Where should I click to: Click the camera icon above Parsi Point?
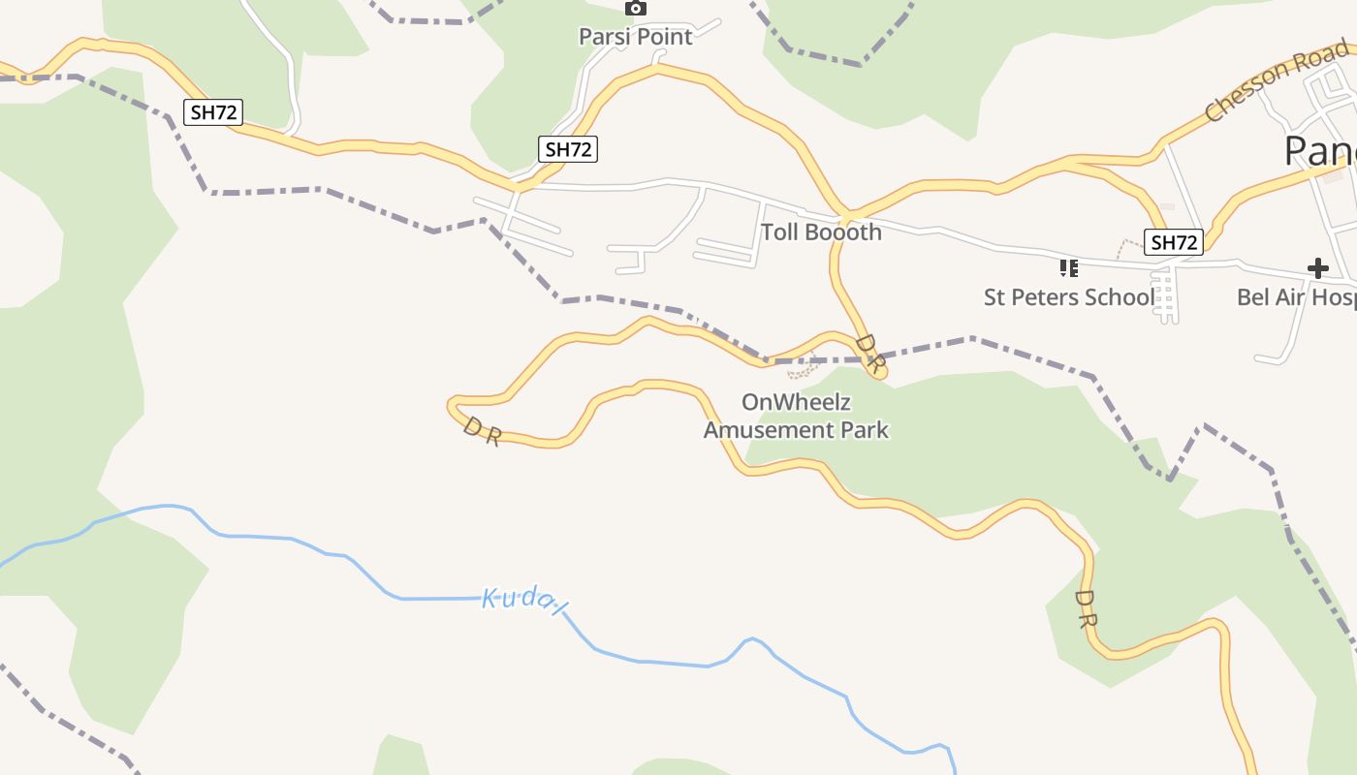point(635,9)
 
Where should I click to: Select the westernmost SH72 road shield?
point(213,112)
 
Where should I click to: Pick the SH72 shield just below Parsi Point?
point(568,149)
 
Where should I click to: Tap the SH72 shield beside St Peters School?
point(1174,242)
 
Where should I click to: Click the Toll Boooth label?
point(821,232)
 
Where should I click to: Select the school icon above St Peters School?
point(1068,267)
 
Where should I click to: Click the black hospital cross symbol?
point(1317,267)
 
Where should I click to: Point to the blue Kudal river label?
point(523,602)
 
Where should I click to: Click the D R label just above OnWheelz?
point(869,354)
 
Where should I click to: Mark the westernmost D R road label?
point(481,431)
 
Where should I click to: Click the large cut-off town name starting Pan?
point(1319,151)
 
